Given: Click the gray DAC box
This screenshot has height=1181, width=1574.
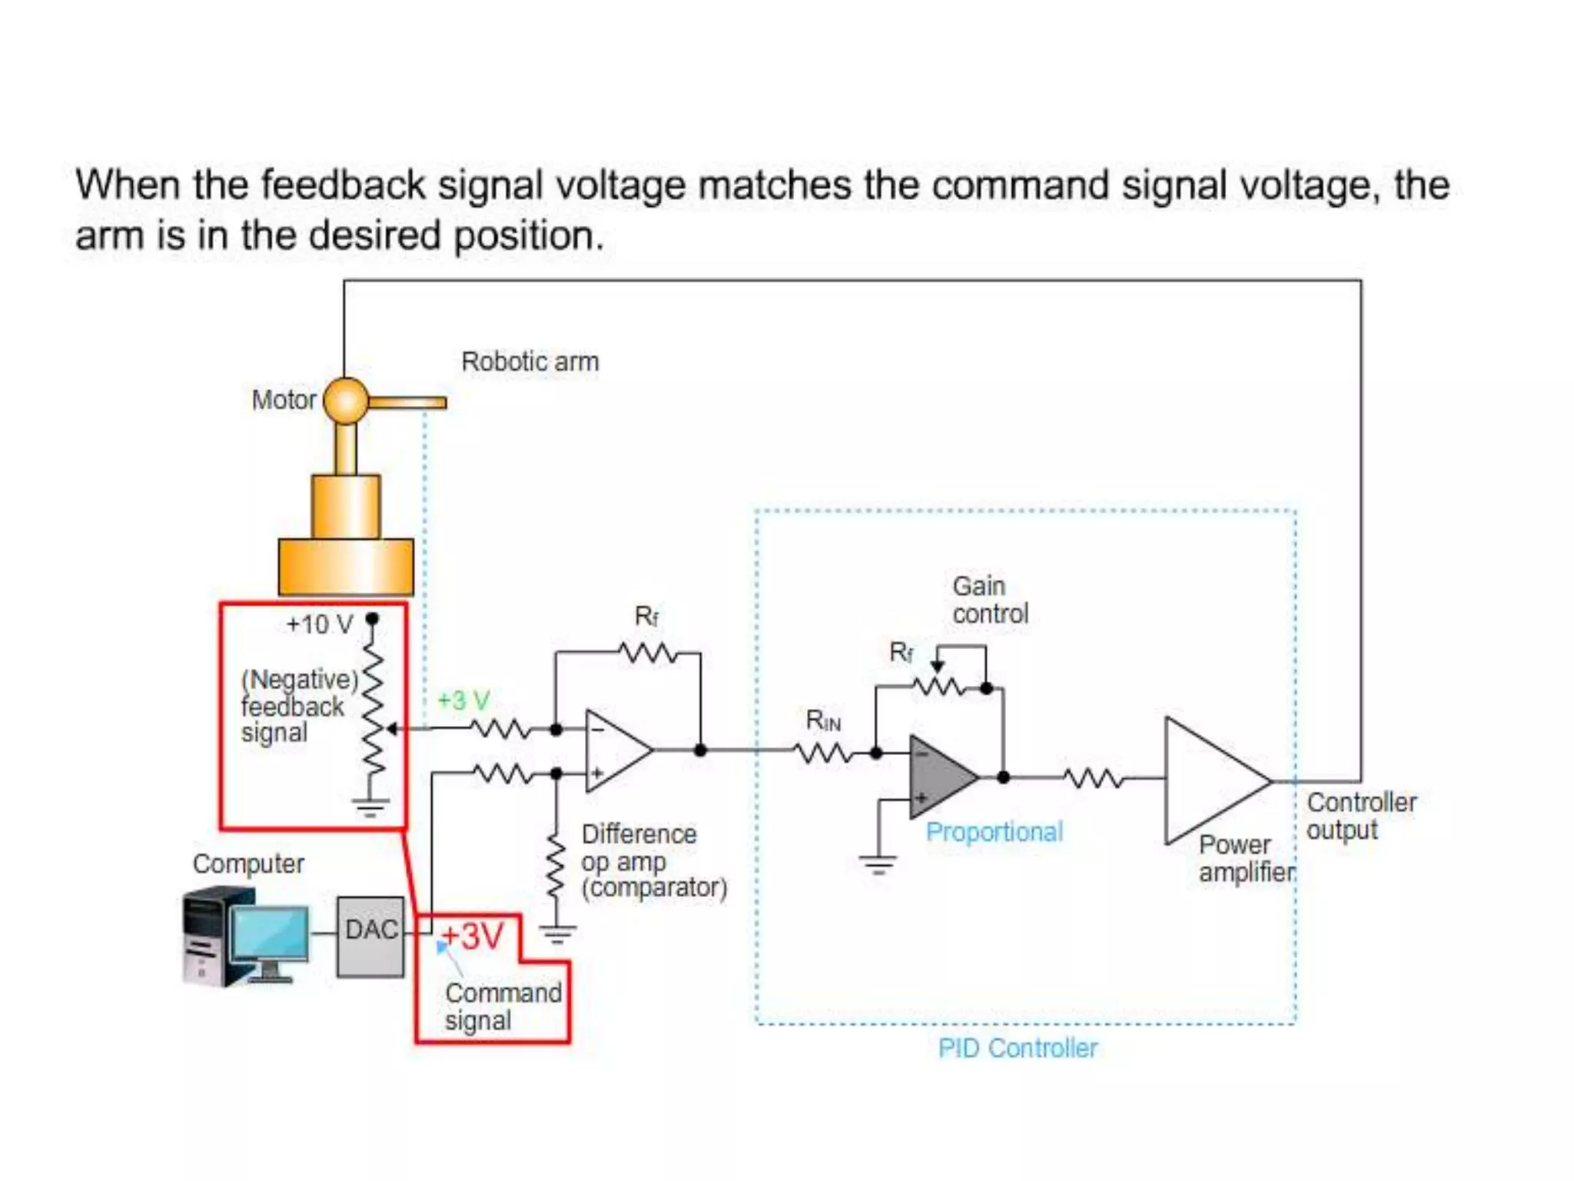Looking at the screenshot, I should pyautogui.click(x=370, y=936).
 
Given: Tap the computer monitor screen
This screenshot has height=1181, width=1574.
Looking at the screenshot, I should pyautogui.click(x=269, y=933).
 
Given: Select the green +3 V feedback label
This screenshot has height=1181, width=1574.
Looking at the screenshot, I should pyautogui.click(x=463, y=700).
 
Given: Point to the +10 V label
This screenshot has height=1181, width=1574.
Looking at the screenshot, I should pyautogui.click(x=319, y=624).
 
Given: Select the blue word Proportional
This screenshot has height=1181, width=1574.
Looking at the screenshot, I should pyautogui.click(x=994, y=832).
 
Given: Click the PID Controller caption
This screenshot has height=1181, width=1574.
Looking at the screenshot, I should pyautogui.click(x=1018, y=1048).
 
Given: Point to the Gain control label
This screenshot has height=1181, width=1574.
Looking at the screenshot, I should pyautogui.click(x=988, y=600).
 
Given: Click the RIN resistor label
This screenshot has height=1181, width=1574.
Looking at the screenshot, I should pyautogui.click(x=822, y=720).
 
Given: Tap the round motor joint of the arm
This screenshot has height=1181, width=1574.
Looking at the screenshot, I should pyautogui.click(x=346, y=401).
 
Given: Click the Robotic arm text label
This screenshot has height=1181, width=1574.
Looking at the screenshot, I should pyautogui.click(x=530, y=361).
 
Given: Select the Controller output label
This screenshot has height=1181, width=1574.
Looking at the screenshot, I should pyautogui.click(x=1360, y=816).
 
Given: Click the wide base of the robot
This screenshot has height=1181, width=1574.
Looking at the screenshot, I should pyautogui.click(x=346, y=567).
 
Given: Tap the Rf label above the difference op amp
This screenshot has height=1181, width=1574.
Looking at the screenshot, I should pyautogui.click(x=646, y=616).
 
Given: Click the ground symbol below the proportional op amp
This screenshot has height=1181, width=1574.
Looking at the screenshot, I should pyautogui.click(x=878, y=865).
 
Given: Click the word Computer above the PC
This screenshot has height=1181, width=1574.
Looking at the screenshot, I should pyautogui.click(x=247, y=863).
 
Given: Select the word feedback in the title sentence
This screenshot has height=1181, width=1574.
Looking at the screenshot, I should pyautogui.click(x=343, y=185).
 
